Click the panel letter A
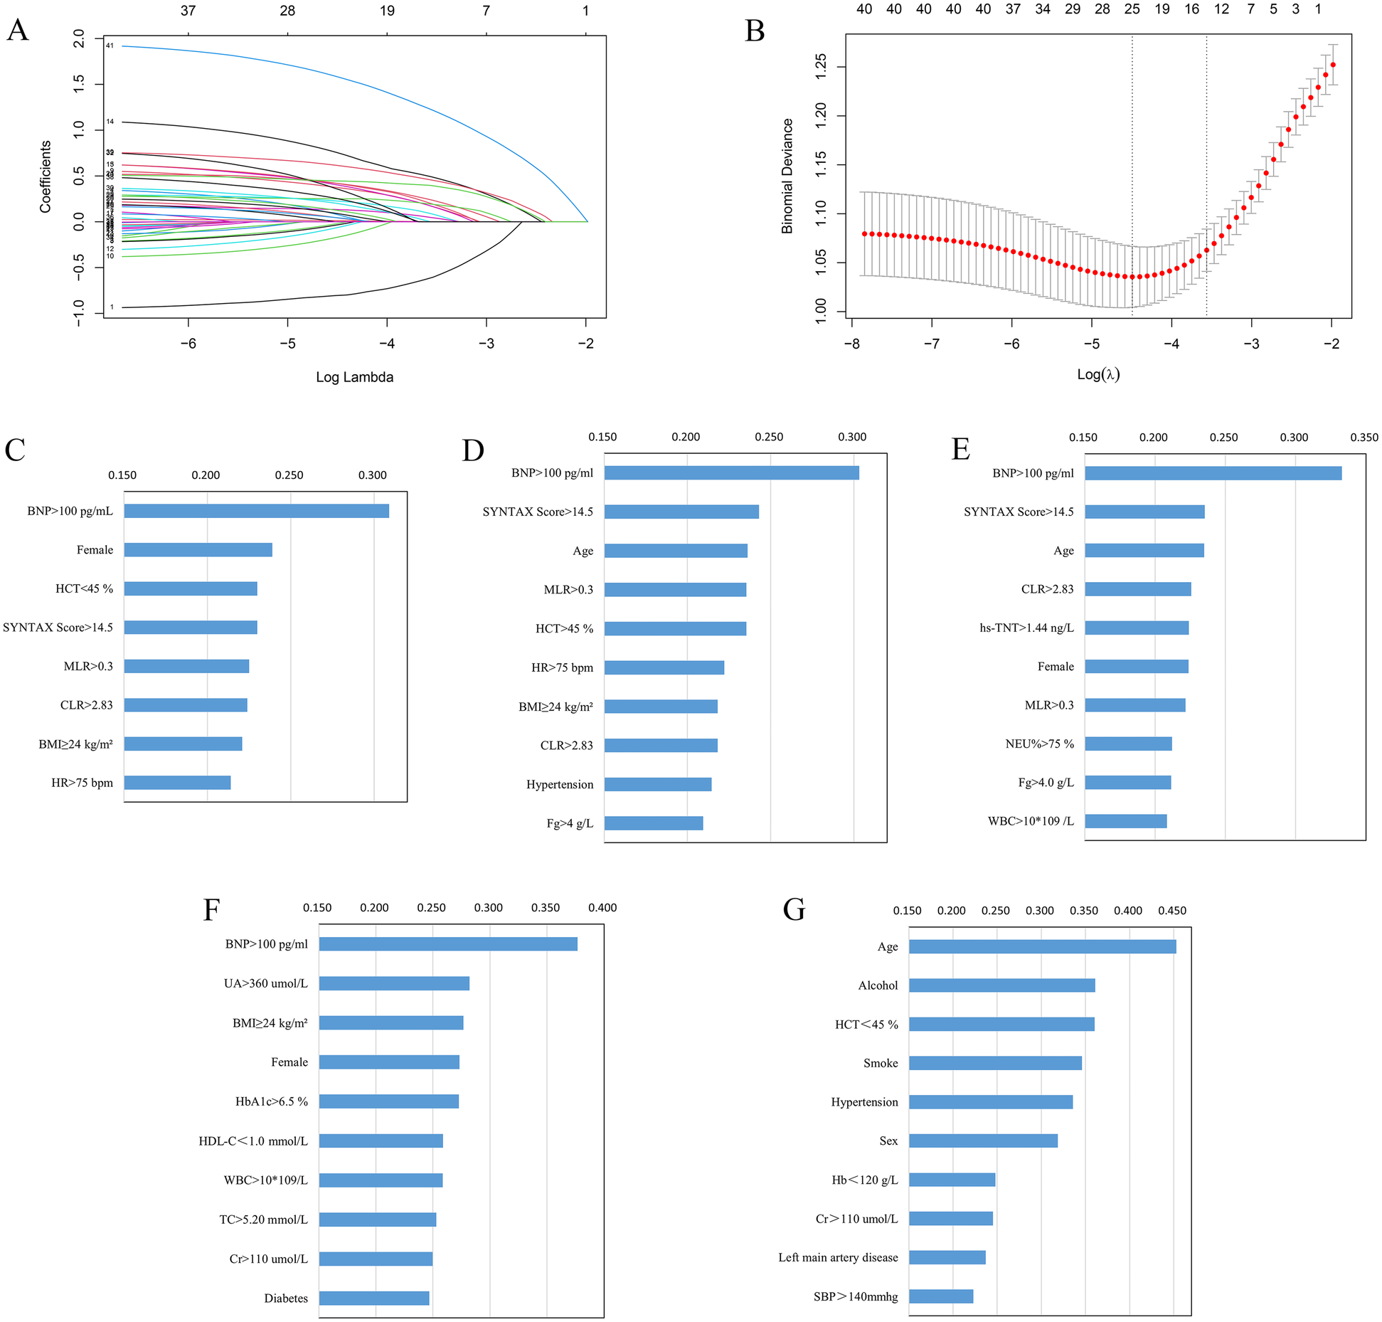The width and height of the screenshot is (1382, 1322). point(18,31)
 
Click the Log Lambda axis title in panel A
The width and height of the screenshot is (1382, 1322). point(354,377)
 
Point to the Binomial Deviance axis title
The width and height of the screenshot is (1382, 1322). point(787,176)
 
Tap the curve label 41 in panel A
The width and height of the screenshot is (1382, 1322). point(110,46)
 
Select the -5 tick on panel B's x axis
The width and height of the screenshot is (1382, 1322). point(1091,344)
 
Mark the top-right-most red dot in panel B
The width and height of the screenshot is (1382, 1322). point(1332,65)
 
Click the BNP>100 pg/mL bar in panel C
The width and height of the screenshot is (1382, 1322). point(256,511)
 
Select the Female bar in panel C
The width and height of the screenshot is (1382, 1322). point(198,549)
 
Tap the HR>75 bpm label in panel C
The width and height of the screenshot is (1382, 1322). point(82,783)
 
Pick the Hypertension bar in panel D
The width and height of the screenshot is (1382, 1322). point(657,784)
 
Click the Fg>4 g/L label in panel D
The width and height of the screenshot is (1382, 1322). point(569,823)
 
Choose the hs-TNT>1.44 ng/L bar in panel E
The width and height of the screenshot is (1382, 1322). point(1136,628)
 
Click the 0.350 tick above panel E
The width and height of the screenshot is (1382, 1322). point(1364,438)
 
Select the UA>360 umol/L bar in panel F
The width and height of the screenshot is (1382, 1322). point(393,983)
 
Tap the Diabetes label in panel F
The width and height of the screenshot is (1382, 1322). point(286,1298)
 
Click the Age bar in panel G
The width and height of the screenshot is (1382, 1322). point(1041,946)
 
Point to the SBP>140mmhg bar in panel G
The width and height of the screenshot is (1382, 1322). point(940,1296)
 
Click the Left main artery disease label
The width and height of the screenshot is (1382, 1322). point(837,1257)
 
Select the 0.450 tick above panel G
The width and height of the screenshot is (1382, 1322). point(1171,911)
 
